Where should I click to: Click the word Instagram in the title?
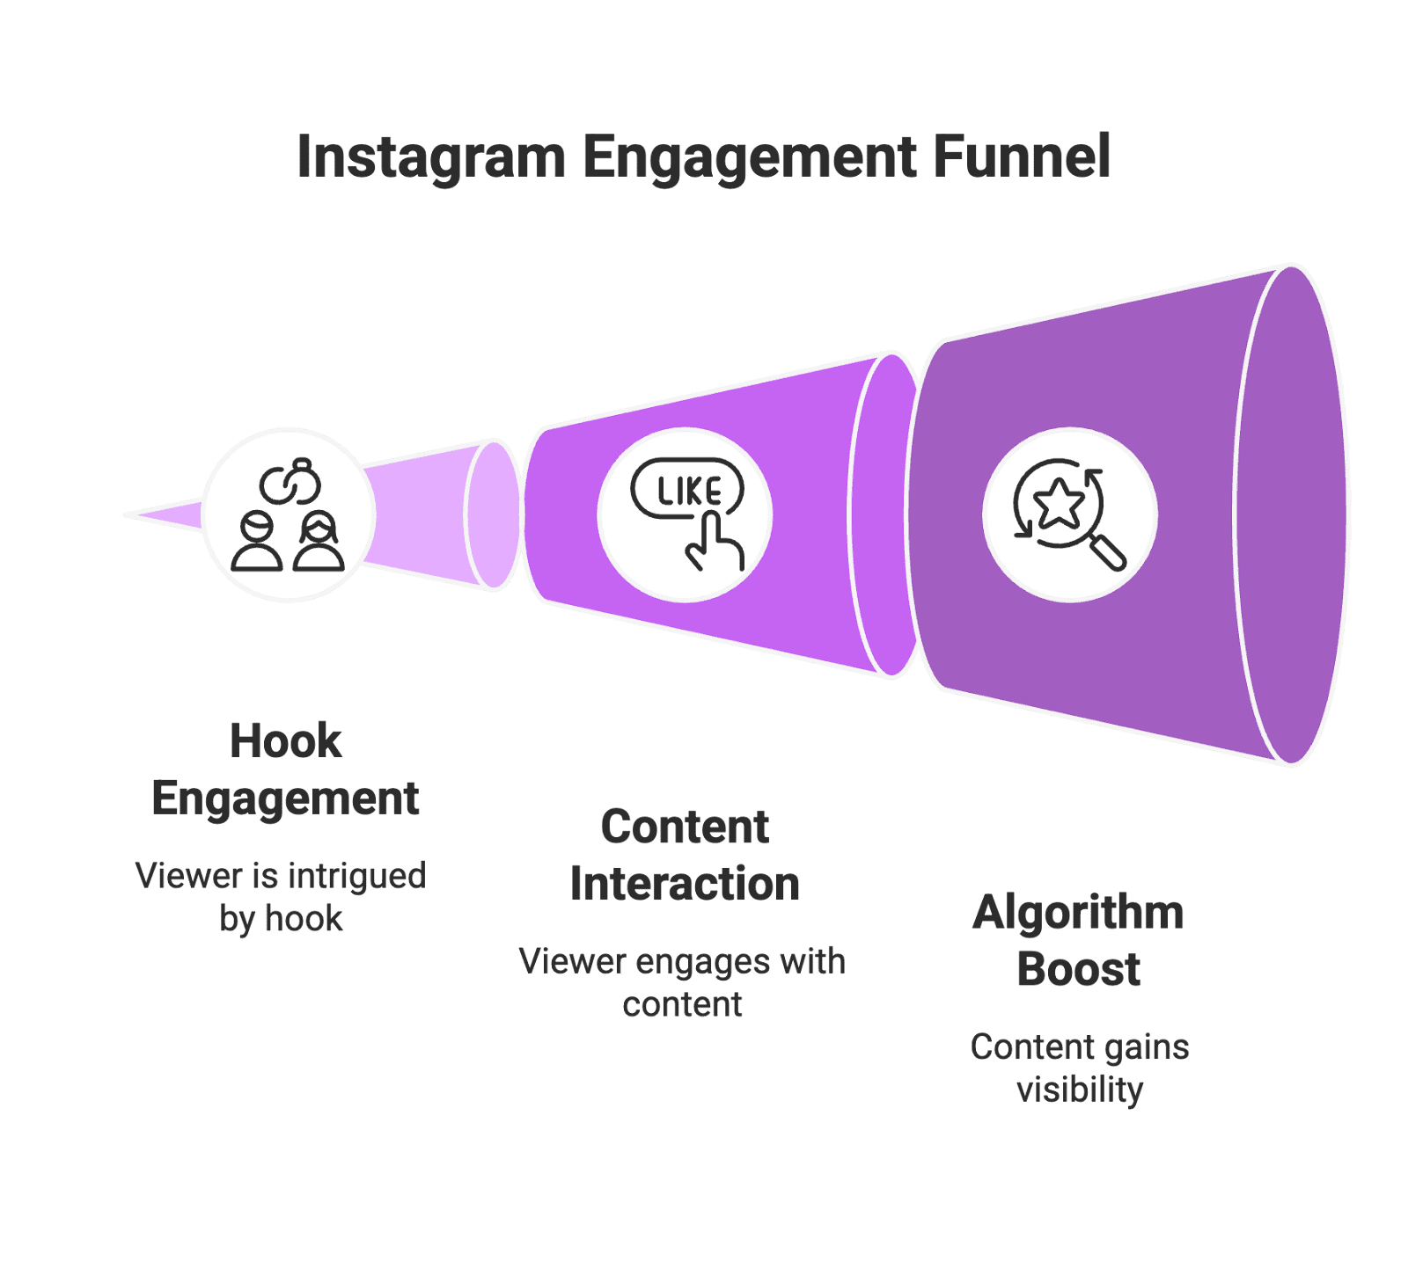click(x=430, y=158)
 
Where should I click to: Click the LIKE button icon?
click(x=687, y=491)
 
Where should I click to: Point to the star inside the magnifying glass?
click(x=1058, y=503)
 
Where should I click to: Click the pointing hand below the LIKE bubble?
click(x=714, y=544)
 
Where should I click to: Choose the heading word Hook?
click(x=285, y=740)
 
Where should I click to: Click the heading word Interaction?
click(x=685, y=884)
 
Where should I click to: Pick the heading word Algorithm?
click(x=1078, y=912)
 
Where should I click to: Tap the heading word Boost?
click(x=1078, y=969)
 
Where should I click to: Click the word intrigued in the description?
click(x=356, y=876)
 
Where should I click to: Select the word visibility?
click(x=1080, y=1090)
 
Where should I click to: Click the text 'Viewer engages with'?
click(x=682, y=961)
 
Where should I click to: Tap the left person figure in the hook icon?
click(x=257, y=543)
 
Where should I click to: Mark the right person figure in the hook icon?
click(x=319, y=543)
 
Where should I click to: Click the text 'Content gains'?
click(x=1080, y=1047)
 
